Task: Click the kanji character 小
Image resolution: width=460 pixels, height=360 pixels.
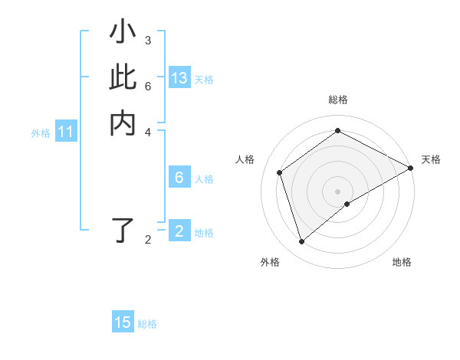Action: [123, 34]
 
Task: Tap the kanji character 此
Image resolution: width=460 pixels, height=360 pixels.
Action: [123, 79]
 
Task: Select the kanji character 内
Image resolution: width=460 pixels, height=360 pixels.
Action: [123, 123]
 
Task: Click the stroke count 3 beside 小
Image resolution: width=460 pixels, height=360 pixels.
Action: [148, 41]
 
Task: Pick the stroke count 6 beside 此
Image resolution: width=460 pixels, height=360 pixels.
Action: [148, 86]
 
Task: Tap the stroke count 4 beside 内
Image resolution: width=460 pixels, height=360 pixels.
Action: [148, 131]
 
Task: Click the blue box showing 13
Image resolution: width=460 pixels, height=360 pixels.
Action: [179, 78]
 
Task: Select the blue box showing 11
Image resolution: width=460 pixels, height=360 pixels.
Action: [66, 133]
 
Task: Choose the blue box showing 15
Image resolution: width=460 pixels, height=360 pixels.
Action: [123, 322]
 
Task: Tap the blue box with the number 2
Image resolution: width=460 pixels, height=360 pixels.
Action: [179, 231]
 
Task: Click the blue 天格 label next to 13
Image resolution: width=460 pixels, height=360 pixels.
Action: [204, 80]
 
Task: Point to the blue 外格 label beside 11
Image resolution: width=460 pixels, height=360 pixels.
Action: [41, 133]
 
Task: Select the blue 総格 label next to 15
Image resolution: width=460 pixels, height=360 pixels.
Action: [147, 324]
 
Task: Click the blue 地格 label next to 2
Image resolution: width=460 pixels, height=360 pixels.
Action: [204, 233]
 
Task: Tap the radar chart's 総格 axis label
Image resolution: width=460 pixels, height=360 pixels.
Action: [337, 100]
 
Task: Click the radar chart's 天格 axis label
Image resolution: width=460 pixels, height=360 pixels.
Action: [431, 159]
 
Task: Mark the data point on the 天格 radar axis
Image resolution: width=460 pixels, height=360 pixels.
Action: [410, 168]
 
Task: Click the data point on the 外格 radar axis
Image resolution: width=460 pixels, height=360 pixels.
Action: [301, 242]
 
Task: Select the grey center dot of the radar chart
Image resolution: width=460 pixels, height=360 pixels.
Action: [337, 191]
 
